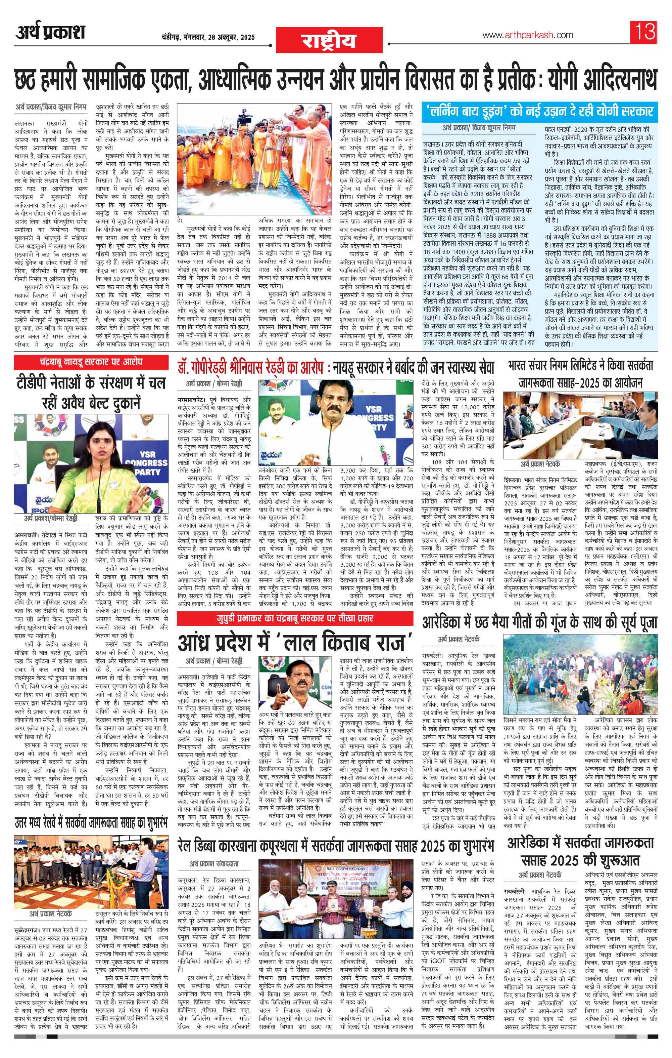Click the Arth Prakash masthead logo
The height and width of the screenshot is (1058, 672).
click(x=50, y=33)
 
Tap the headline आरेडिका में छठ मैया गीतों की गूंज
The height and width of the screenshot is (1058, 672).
click(x=539, y=622)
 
